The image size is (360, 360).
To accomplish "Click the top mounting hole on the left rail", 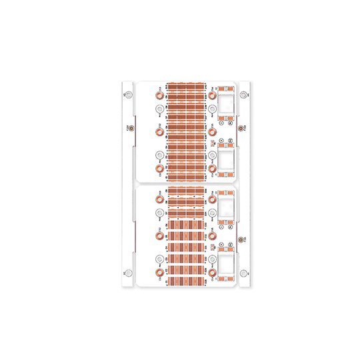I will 127,94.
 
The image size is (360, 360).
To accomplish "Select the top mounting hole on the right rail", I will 243,94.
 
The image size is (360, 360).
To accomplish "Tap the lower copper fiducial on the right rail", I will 241,238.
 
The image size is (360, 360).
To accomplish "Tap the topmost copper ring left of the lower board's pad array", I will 159,198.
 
